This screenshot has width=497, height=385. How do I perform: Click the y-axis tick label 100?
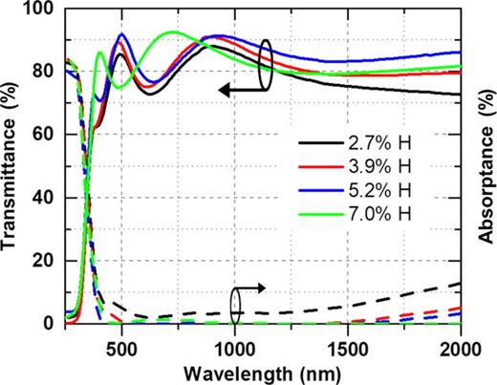point(43,10)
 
